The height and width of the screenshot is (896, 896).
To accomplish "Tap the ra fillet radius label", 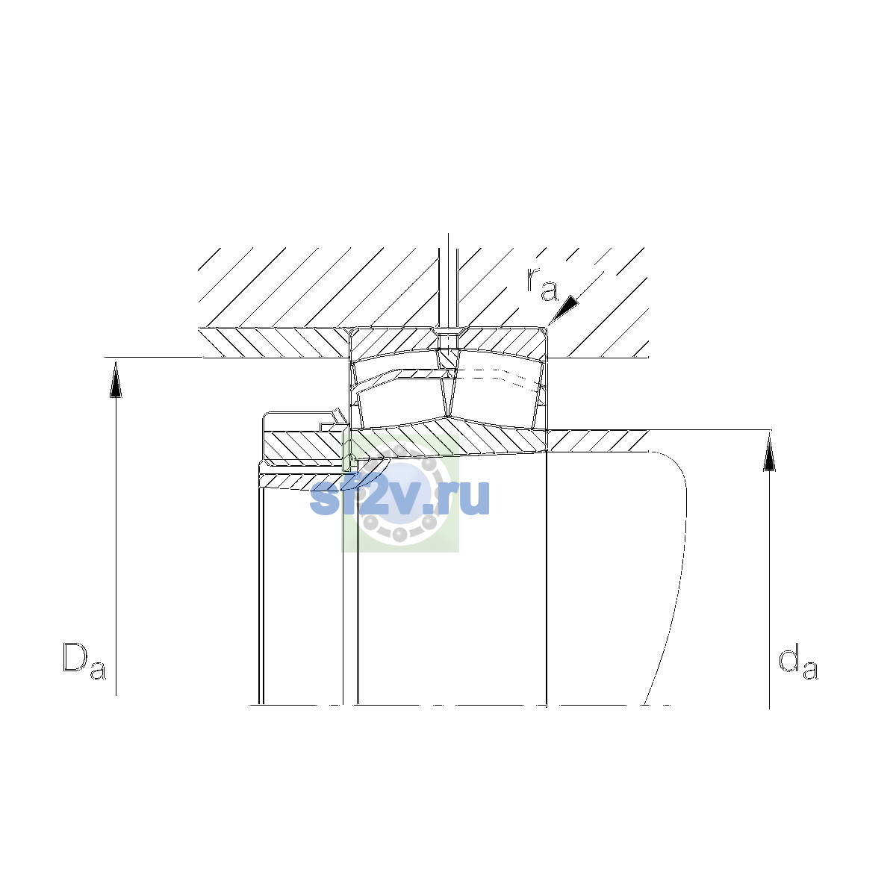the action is [x=542, y=284].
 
